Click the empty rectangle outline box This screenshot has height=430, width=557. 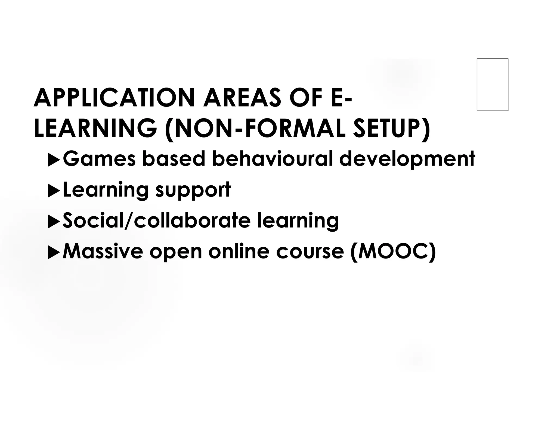pos(492,85)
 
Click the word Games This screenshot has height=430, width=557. pos(99,159)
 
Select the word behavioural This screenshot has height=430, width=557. pos(272,159)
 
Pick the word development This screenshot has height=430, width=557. pos(407,159)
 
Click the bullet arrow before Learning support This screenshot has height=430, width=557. pos(54,191)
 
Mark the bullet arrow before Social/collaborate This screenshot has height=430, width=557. pos(54,222)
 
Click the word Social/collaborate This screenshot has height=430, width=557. pos(156,220)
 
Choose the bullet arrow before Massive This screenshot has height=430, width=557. pos(54,253)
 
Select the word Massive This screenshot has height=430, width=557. pos(103,251)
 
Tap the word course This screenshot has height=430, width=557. pos(310,251)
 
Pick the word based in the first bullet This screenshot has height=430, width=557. pos(174,159)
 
